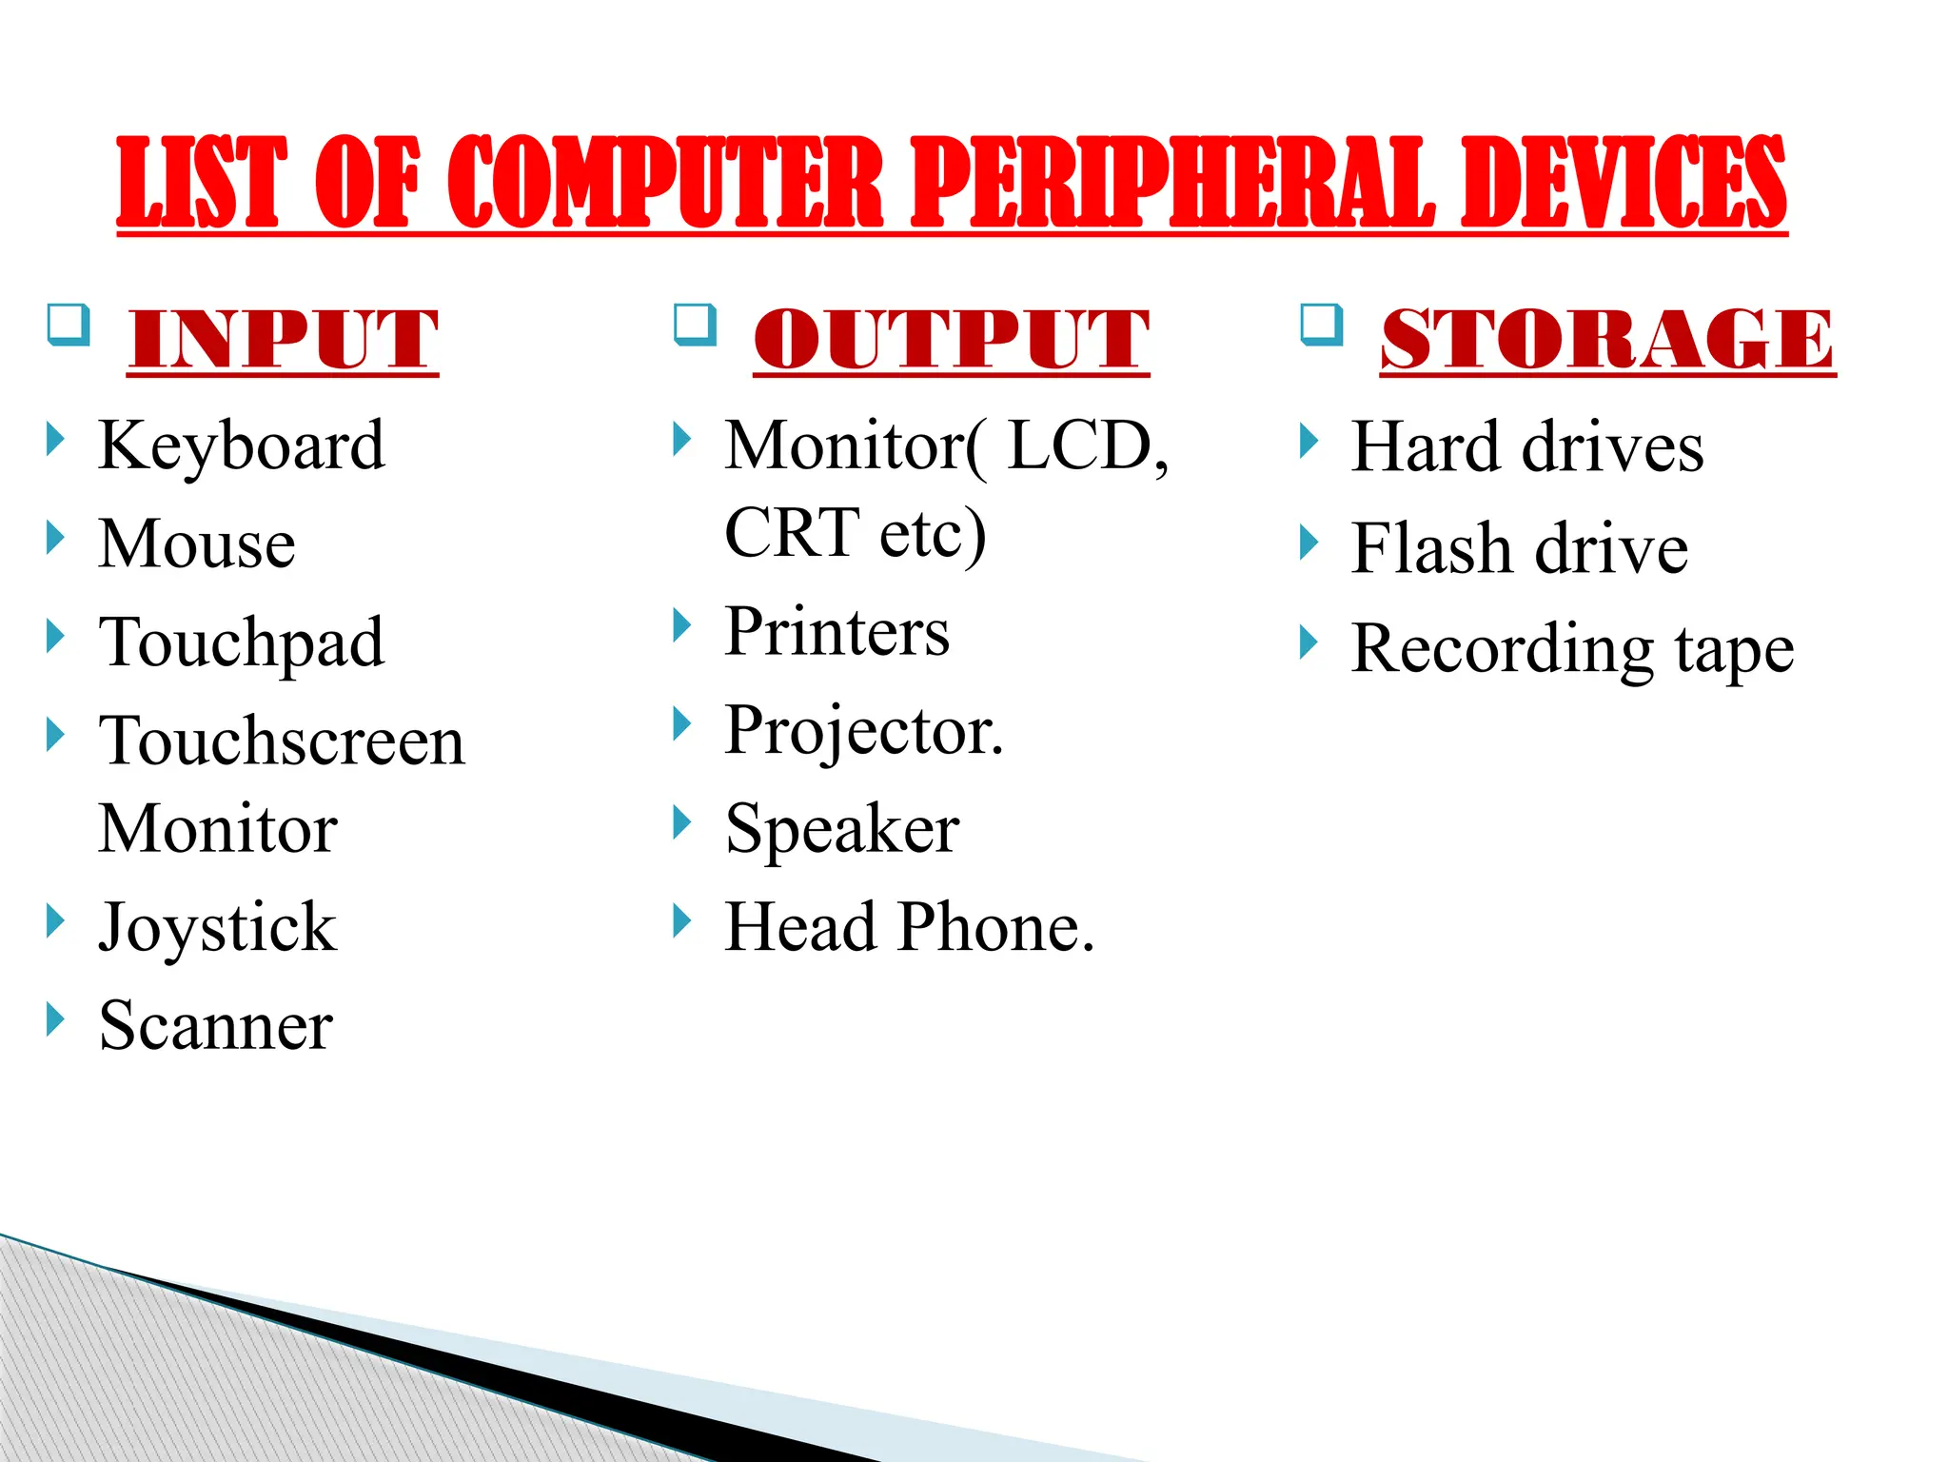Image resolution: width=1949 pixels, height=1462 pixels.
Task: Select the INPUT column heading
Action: [x=283, y=340]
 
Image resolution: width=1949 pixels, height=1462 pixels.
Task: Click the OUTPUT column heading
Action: [x=951, y=340]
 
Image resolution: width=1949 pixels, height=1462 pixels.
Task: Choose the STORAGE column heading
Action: [x=1606, y=340]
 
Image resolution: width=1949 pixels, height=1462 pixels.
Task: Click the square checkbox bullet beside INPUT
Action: [x=69, y=325]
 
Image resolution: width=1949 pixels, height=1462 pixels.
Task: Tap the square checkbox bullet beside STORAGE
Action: [x=1322, y=325]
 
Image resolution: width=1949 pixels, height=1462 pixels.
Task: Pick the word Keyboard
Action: [x=242, y=445]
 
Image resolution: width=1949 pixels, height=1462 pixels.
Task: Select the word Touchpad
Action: [x=242, y=643]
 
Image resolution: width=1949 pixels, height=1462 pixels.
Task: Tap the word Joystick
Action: [x=217, y=928]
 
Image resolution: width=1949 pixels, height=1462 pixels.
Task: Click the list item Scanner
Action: [x=216, y=1026]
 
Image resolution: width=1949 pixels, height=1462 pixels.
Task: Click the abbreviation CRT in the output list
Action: [x=792, y=533]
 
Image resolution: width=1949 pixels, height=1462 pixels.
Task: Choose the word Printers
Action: [x=837, y=632]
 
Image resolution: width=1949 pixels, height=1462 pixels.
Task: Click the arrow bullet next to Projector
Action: [x=681, y=724]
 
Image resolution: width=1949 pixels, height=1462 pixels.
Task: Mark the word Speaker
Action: [x=842, y=830]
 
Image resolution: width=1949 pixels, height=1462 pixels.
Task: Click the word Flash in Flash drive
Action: [x=1432, y=549]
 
